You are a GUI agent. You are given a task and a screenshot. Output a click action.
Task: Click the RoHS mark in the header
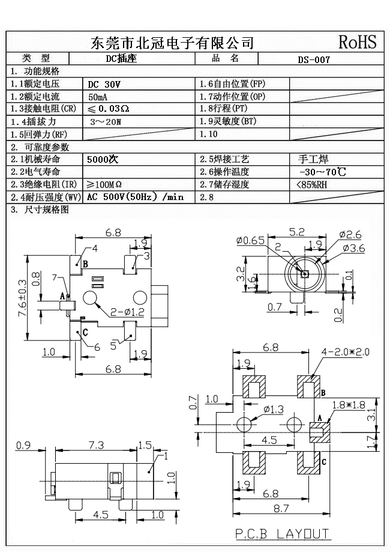pyautogui.click(x=357, y=42)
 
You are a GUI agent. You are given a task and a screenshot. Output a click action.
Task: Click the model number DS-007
pyautogui.click(x=314, y=59)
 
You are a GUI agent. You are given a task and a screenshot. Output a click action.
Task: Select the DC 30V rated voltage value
pyautogui.click(x=104, y=85)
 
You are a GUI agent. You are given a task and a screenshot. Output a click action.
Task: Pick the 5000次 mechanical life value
pyautogui.click(x=103, y=160)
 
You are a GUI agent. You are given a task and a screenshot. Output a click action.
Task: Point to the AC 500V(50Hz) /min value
pyautogui.click(x=135, y=197)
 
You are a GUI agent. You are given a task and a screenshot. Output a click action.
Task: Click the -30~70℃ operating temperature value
pyautogui.click(x=322, y=172)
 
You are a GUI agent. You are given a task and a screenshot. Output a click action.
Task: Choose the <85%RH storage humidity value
pyautogui.click(x=312, y=184)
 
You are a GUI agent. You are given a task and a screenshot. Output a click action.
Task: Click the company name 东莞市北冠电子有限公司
pyautogui.click(x=172, y=43)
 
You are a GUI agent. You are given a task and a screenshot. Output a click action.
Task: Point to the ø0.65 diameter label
pyautogui.click(x=250, y=241)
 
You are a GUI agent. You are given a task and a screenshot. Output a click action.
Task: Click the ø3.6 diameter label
pyautogui.click(x=355, y=247)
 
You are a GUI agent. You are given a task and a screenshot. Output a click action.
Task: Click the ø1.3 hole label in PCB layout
pyautogui.click(x=273, y=410)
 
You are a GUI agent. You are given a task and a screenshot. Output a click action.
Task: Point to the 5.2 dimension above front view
pyautogui.click(x=296, y=231)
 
